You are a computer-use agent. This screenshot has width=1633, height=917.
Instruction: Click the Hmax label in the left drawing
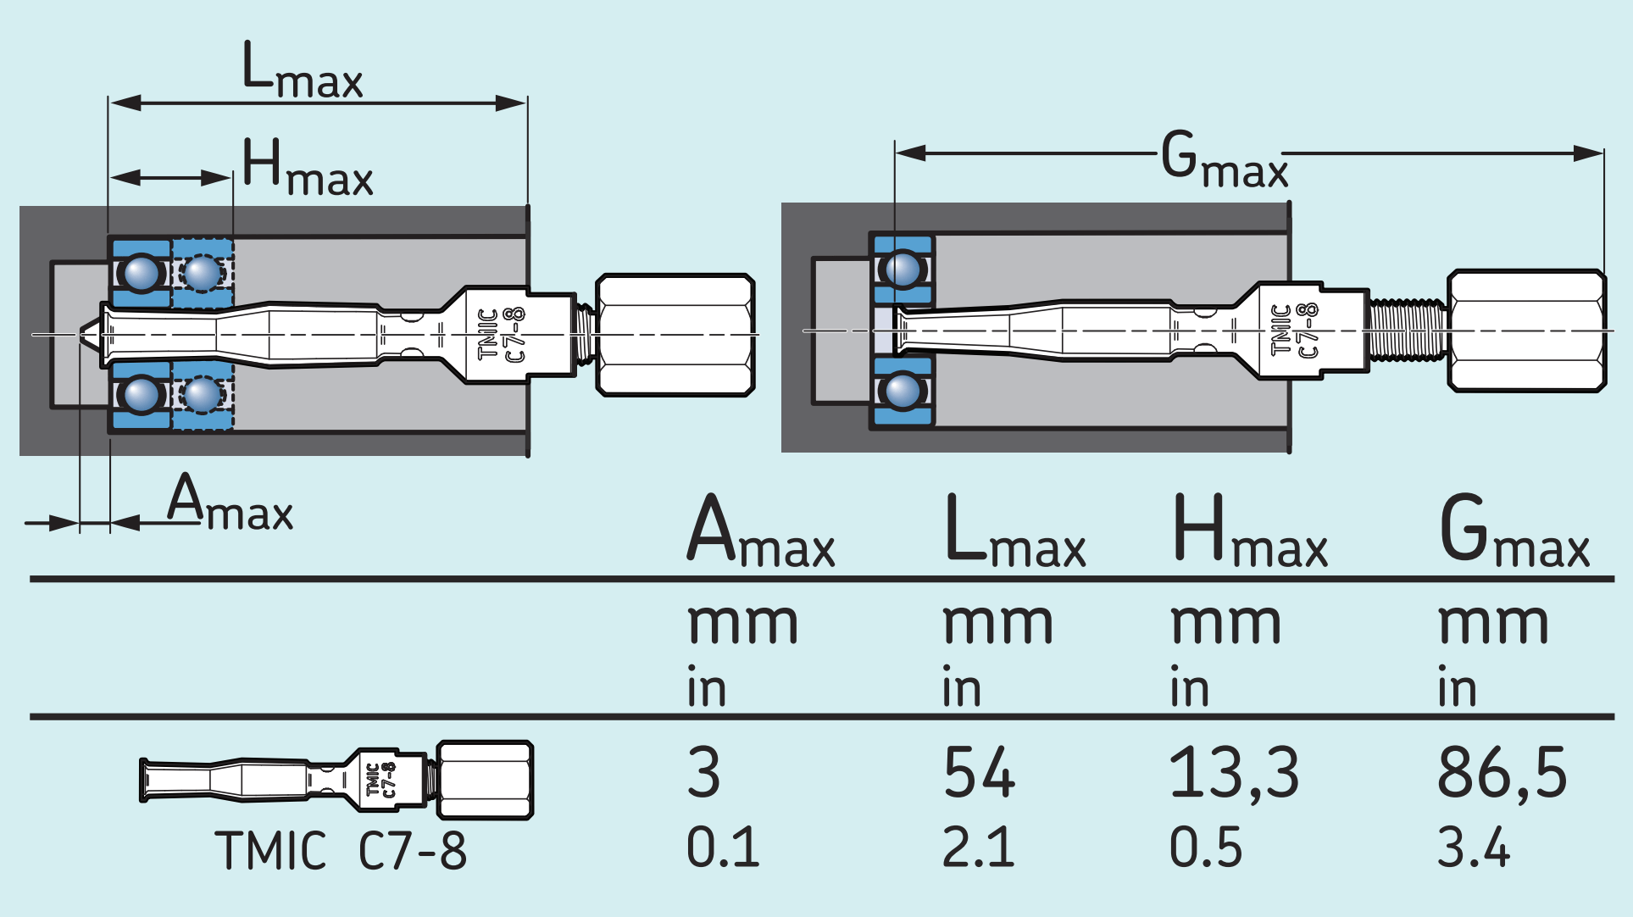point(307,168)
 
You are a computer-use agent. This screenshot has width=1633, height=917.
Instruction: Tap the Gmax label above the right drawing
point(1224,160)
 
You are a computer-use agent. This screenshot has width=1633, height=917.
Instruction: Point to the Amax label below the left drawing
point(230,503)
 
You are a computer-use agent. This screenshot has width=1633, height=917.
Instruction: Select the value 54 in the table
point(979,773)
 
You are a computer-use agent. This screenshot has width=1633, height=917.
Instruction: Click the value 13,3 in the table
point(1233,773)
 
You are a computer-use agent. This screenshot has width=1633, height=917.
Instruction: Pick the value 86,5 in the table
point(1502,773)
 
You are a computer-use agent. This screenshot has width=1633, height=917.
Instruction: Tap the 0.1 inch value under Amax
point(723,847)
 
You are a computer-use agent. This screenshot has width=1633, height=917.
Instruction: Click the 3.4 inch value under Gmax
point(1473,847)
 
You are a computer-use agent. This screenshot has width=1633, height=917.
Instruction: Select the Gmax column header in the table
point(1514,532)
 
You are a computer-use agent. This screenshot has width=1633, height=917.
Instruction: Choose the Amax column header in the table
point(760,532)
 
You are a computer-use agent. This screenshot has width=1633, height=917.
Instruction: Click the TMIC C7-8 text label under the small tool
point(340,851)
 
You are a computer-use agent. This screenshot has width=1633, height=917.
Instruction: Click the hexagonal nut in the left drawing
point(675,335)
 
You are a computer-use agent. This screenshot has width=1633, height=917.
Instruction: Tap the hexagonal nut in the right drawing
point(1525,331)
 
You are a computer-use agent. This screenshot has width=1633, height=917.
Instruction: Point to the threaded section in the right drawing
point(1407,331)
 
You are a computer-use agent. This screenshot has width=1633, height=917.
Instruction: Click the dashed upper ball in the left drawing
point(203,273)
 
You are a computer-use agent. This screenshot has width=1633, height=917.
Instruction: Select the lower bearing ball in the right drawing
point(902,391)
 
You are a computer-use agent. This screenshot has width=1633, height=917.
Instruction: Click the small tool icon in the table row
point(336,780)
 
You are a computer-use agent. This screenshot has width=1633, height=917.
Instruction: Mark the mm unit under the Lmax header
point(997,625)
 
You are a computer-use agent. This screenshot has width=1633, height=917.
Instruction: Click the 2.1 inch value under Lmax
point(978,847)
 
